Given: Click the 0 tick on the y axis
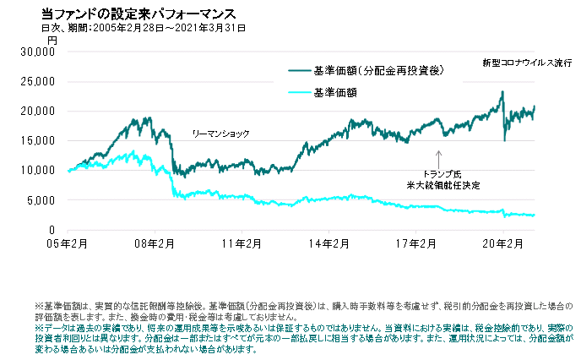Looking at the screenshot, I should (52, 230).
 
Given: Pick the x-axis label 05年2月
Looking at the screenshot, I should (67, 243).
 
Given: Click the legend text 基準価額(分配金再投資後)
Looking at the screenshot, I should (377, 71).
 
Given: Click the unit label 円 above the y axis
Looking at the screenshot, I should (52, 40).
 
